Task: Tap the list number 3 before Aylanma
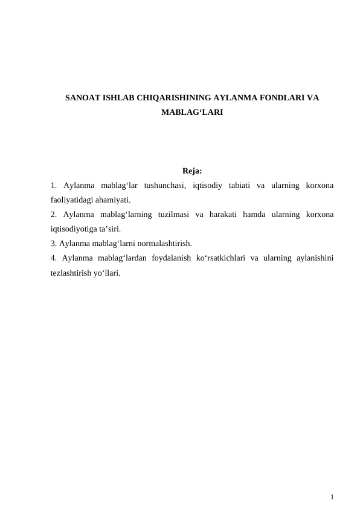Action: pos(53,244)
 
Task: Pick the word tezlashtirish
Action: pos(72,273)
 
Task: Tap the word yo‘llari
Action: pos(109,273)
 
